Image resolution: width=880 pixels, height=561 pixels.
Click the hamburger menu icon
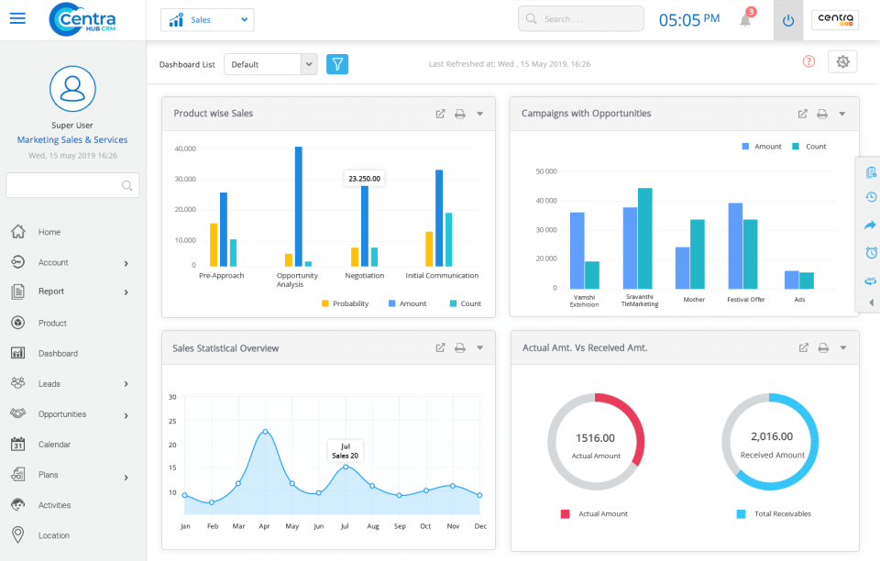(x=17, y=19)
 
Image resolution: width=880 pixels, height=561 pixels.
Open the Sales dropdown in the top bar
(x=207, y=19)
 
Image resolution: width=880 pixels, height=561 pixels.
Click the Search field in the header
(x=580, y=19)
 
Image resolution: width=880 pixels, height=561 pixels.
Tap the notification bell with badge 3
(x=745, y=20)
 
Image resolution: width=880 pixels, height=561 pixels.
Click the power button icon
(x=788, y=20)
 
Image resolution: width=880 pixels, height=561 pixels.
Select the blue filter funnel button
(x=337, y=64)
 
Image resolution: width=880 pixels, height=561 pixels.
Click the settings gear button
(x=842, y=61)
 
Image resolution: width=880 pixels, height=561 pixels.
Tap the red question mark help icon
(x=808, y=61)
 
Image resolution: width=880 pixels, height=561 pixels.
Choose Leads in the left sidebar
(x=49, y=383)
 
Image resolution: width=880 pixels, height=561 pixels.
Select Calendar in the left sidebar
(x=54, y=445)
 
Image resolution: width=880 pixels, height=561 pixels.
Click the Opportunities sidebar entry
(x=61, y=414)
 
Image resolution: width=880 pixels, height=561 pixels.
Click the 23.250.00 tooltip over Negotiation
(x=364, y=179)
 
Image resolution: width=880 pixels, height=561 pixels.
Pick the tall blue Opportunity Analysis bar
(x=299, y=206)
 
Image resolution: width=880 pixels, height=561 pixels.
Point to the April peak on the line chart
(x=265, y=431)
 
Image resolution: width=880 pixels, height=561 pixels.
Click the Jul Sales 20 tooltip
(x=345, y=450)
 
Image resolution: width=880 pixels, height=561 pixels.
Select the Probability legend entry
(x=345, y=303)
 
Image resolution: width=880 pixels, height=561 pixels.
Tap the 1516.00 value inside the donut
(x=595, y=438)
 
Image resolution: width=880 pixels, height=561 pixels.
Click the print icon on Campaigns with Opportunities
(x=822, y=115)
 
